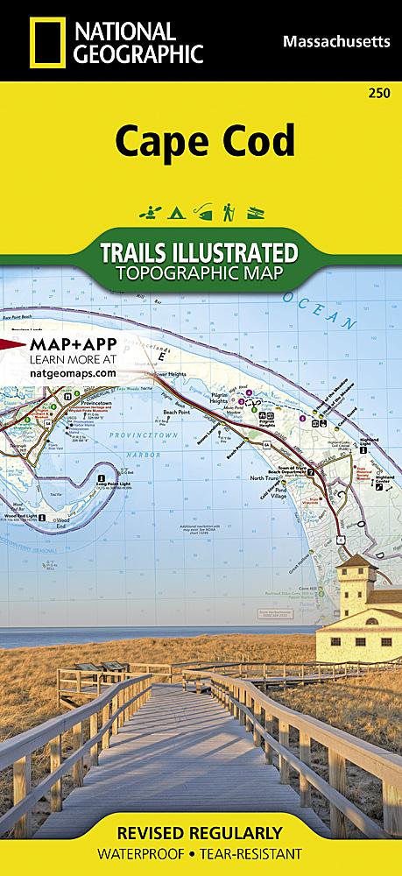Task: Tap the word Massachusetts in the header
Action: pyautogui.click(x=336, y=40)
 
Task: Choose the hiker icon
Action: pyautogui.click(x=227, y=211)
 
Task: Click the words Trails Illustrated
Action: pyautogui.click(x=200, y=252)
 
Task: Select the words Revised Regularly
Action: pyautogui.click(x=200, y=832)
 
